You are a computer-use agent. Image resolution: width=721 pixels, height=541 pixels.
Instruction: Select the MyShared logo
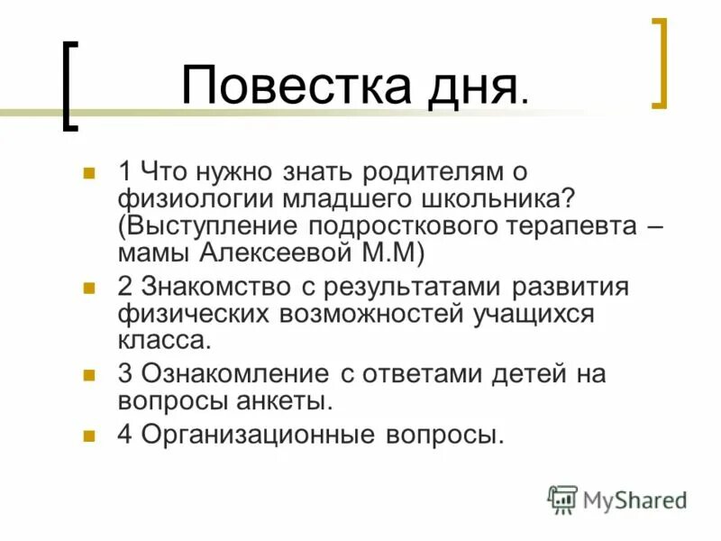point(617,500)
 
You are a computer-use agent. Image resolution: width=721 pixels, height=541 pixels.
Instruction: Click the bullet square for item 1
point(89,170)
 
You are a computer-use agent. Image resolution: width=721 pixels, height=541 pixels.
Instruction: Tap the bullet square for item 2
point(89,289)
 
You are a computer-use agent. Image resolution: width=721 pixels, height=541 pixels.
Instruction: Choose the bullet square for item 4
point(89,435)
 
